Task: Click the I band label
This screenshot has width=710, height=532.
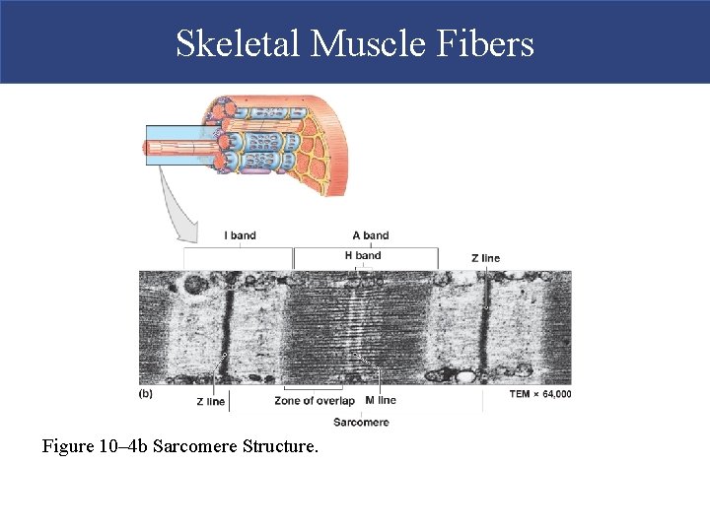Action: point(240,235)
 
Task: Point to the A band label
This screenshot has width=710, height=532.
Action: point(371,235)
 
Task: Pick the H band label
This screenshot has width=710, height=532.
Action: point(363,255)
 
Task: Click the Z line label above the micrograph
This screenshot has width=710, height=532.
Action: point(485,258)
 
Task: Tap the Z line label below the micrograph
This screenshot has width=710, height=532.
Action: point(211,401)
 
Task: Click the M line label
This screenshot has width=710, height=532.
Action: point(381,401)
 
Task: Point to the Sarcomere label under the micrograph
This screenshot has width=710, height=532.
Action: point(361,423)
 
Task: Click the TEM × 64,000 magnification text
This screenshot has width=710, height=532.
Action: point(539,394)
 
